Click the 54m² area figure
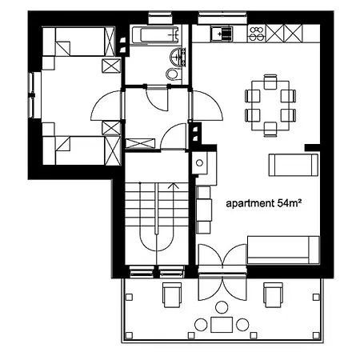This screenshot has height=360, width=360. [x=289, y=204]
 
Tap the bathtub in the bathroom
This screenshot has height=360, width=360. [x=154, y=35]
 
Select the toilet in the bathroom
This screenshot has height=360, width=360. [x=172, y=74]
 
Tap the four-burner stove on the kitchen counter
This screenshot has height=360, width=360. [x=258, y=34]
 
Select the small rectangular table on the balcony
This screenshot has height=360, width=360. [x=221, y=324]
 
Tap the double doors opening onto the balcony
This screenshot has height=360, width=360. [x=221, y=258]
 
